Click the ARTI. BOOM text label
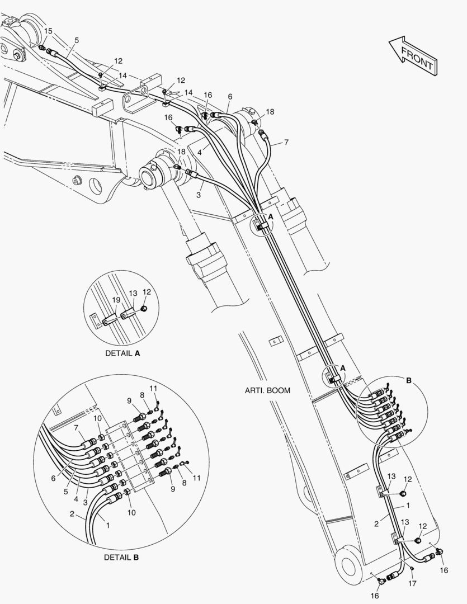tap(267, 390)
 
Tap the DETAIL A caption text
tap(122, 353)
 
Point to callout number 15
tap(48, 31)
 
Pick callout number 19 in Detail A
tap(116, 300)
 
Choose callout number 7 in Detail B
tap(77, 428)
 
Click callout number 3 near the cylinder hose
tap(199, 194)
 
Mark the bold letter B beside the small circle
tap(408, 380)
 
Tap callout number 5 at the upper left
tap(77, 40)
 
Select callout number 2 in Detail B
tap(72, 513)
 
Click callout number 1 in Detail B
tap(108, 526)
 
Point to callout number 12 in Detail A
tap(147, 291)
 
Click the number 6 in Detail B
tap(54, 478)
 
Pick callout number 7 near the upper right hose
tap(286, 142)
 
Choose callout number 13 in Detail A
tap(133, 293)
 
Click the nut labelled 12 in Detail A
tap(144, 309)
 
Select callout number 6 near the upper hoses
tap(229, 96)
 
